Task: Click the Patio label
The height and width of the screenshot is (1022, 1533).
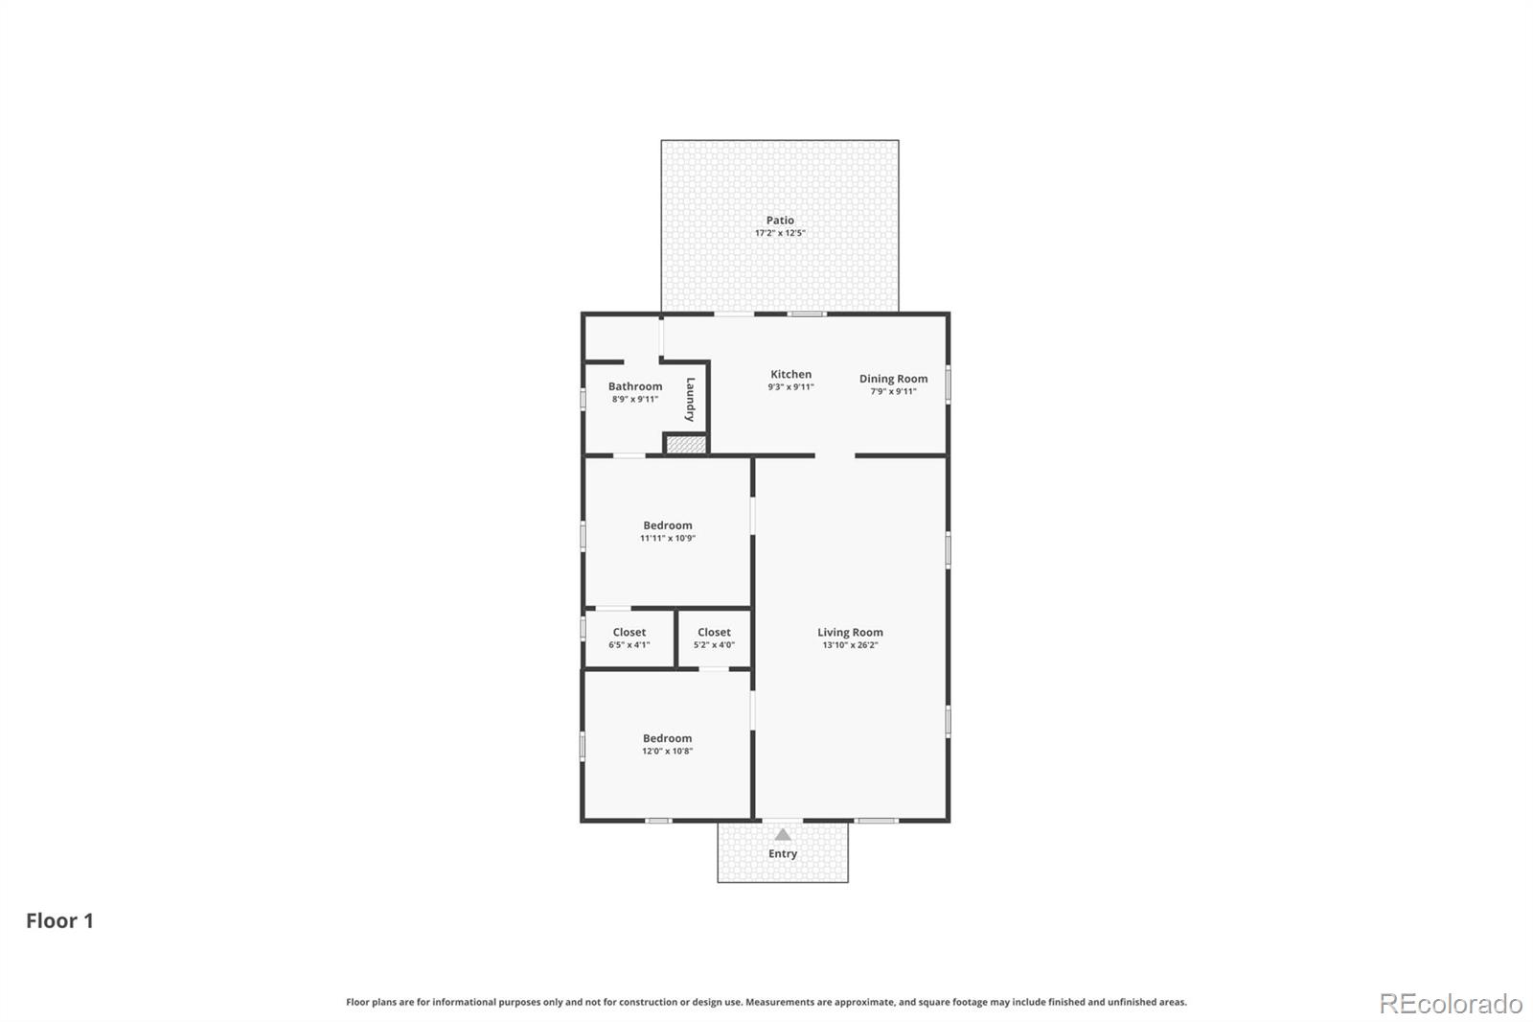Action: point(780,221)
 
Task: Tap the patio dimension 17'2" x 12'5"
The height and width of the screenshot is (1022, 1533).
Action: point(780,233)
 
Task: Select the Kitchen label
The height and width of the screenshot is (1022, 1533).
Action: point(790,375)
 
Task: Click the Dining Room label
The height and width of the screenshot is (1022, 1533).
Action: point(893,379)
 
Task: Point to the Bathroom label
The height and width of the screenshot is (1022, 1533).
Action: point(635,386)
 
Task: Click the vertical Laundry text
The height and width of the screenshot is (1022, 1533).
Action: point(690,400)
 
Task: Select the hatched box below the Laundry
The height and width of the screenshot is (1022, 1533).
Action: point(686,445)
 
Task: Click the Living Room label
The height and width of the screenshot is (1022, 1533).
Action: point(850,633)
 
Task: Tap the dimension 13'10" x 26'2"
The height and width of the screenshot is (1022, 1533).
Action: point(850,645)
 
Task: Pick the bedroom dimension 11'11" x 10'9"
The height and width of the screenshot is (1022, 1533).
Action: point(668,539)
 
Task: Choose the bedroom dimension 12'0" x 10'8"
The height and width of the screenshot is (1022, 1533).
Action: point(667,752)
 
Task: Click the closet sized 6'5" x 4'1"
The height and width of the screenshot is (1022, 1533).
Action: point(629,639)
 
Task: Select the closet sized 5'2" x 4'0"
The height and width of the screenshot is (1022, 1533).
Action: point(714,639)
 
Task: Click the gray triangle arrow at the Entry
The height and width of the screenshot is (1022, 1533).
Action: point(783,834)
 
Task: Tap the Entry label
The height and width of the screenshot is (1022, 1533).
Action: point(783,854)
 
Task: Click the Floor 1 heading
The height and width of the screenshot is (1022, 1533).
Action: point(59,921)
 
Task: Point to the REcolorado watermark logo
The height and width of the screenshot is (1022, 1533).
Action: point(1451,1004)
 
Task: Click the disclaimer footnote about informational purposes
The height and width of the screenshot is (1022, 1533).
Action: point(766,1002)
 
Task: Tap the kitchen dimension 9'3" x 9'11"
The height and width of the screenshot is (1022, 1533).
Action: point(790,387)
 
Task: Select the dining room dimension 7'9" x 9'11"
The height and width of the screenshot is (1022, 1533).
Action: point(893,391)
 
